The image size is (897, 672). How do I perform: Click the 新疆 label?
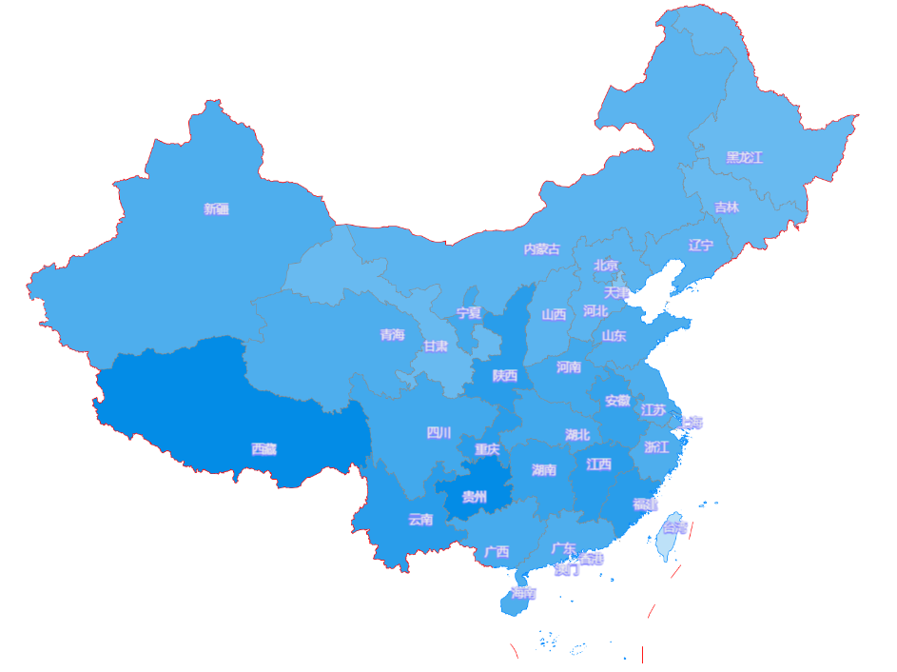coord(216,209)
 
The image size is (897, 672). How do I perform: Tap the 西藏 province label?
coord(263,449)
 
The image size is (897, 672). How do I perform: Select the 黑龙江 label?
coord(745,157)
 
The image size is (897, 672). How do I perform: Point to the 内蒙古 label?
coord(542,249)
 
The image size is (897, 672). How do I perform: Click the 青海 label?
coord(392,335)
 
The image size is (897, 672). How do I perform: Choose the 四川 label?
coord(439,433)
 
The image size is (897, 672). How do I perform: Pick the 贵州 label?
coord(474,497)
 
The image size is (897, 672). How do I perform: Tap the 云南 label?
coord(420,520)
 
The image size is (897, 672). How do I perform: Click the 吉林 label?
coord(727,207)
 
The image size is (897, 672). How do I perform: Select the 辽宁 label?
coord(701,246)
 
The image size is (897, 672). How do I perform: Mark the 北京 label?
coord(606,266)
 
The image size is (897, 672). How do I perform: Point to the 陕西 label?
coord(505,376)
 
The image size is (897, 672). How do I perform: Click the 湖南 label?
coord(544,470)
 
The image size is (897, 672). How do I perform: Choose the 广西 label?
coord(497,552)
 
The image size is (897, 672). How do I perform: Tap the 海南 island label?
coord(523,594)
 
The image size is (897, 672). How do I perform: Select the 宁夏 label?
coord(468,312)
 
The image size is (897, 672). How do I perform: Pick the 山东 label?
coord(614,335)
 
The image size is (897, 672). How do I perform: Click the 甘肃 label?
coord(436,346)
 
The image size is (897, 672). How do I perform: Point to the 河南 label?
coord(569,367)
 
